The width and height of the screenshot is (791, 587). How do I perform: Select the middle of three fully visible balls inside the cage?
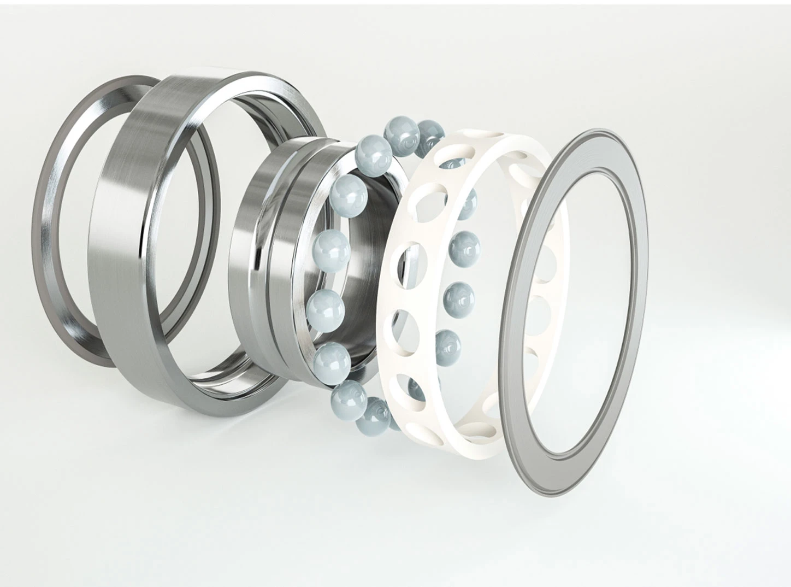(458, 295)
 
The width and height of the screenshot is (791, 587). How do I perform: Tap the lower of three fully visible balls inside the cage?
(448, 344)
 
